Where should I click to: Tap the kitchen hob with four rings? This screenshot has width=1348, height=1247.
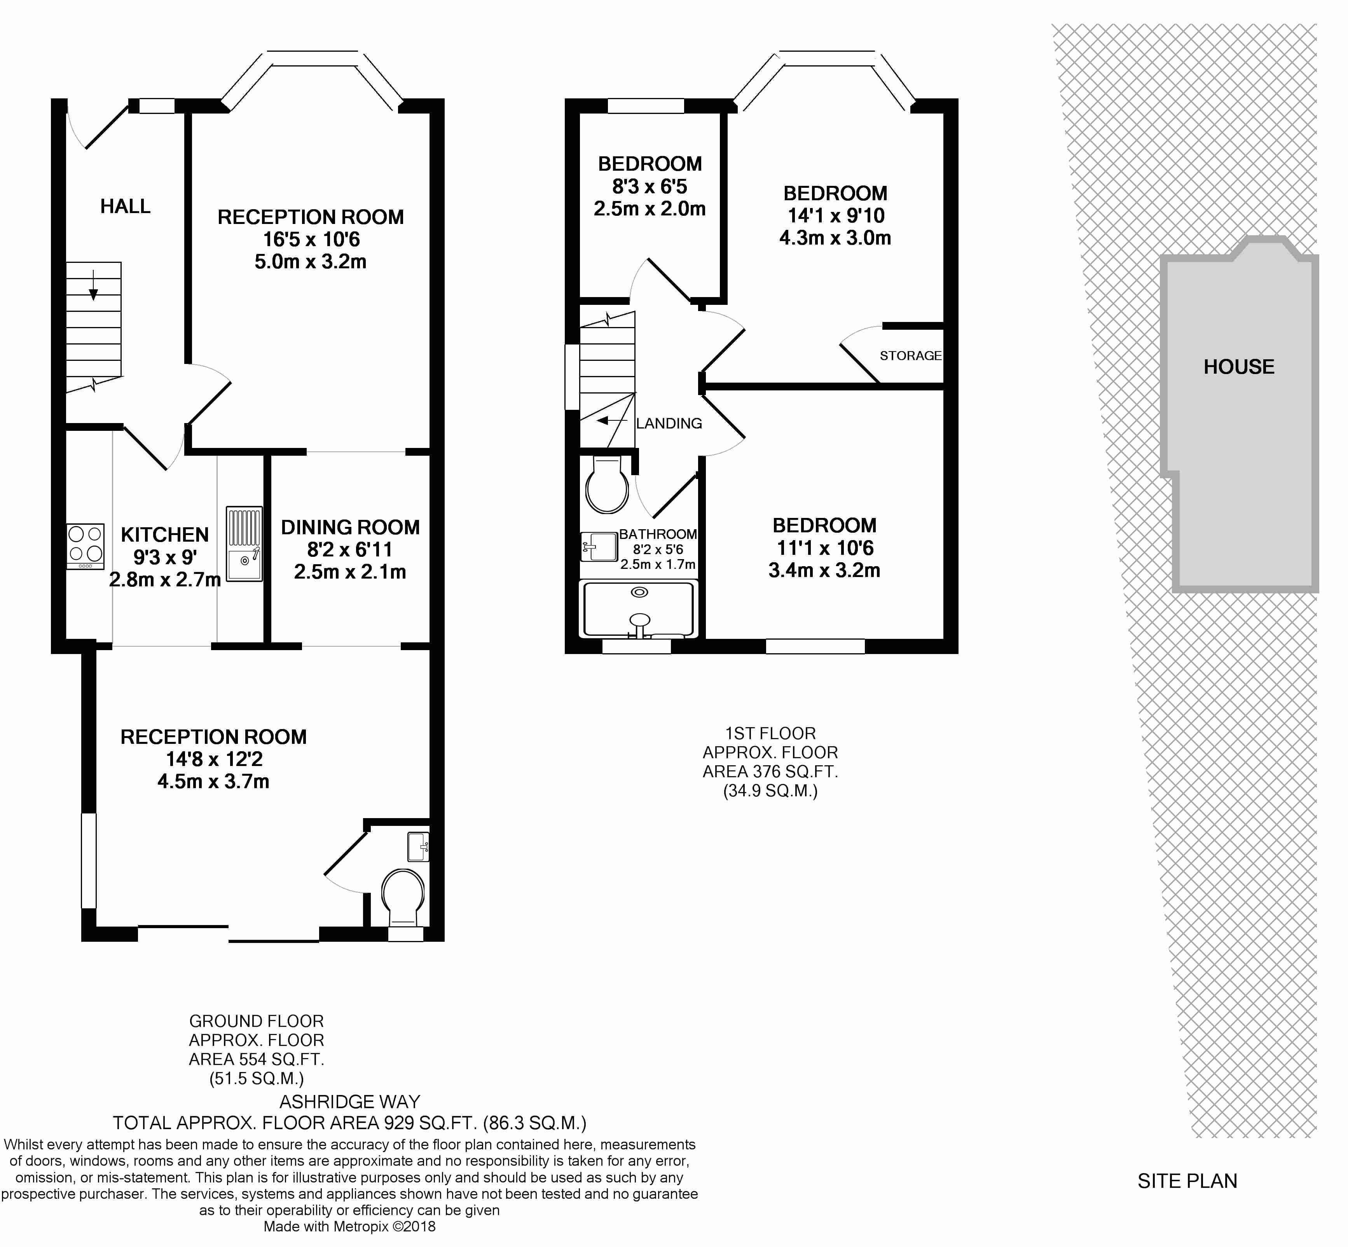86,547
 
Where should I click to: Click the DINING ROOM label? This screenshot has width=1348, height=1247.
350,527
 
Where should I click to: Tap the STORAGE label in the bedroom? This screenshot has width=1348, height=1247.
910,356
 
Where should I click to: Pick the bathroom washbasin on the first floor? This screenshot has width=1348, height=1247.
599,547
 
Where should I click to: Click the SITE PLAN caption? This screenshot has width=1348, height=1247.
1187,1181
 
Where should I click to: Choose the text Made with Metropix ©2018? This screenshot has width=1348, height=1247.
349,1227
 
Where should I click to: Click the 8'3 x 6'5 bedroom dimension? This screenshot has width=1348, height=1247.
650,186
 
